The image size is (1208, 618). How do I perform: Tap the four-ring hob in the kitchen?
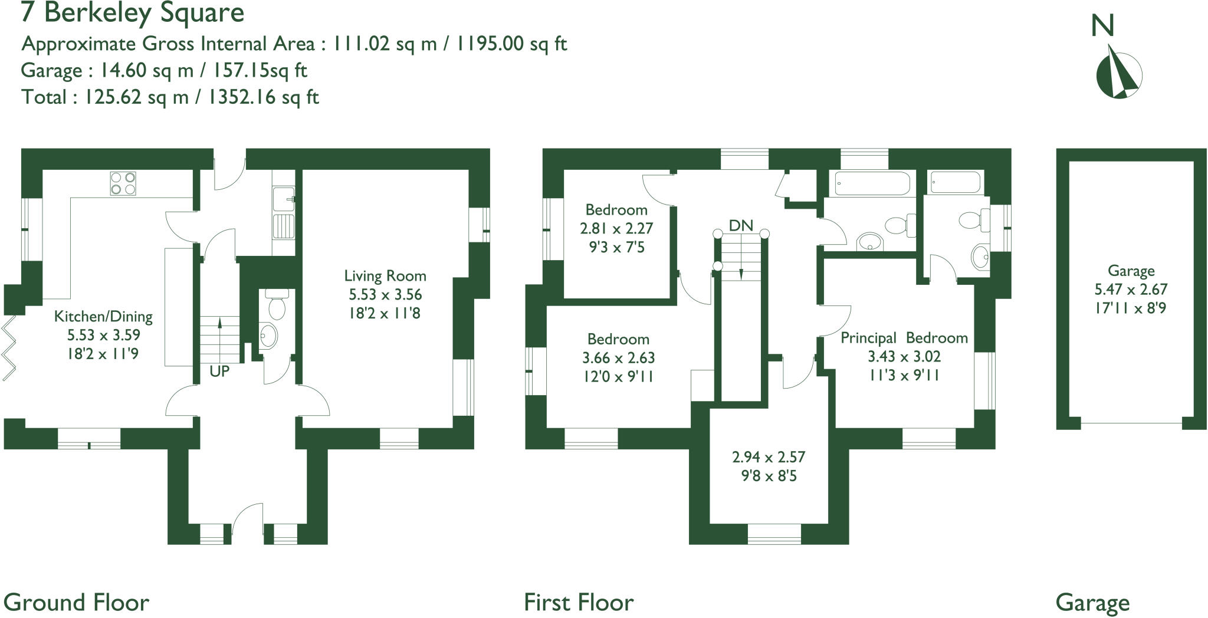point(123,183)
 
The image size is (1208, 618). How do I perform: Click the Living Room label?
point(385,276)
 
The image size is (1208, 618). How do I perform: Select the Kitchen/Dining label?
point(103,317)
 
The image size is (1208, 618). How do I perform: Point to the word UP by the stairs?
point(219,372)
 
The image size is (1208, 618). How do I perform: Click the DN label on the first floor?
point(741,225)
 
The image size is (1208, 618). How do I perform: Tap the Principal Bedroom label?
point(904,338)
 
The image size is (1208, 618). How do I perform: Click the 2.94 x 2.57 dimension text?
point(769,457)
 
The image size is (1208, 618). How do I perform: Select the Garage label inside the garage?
point(1131,271)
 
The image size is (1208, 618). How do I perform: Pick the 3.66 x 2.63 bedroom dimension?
point(618,358)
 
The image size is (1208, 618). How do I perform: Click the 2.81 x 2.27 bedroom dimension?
point(616,228)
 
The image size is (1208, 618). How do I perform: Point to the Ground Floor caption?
point(76,603)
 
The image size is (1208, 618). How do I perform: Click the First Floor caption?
point(579,603)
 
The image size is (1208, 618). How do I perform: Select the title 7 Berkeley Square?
point(133,13)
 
